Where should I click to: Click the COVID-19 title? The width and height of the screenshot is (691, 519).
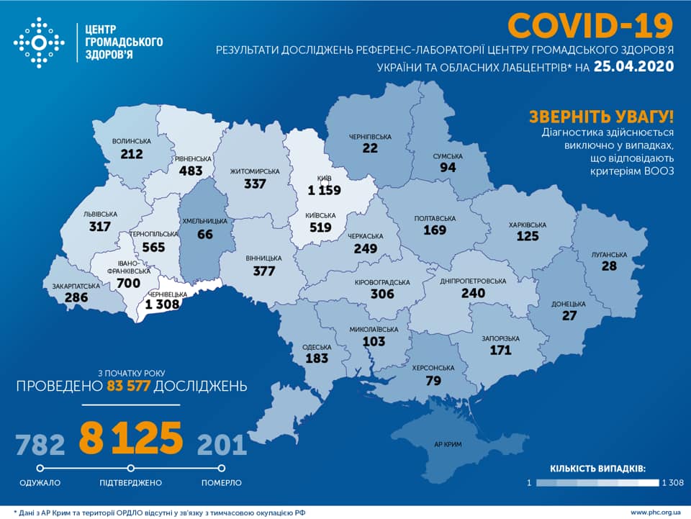click(590, 26)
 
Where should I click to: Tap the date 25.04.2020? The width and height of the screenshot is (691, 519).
click(634, 67)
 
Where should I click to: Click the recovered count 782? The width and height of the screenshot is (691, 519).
click(40, 444)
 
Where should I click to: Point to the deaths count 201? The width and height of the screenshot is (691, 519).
click(221, 444)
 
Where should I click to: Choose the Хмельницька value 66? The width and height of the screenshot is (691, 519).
click(205, 235)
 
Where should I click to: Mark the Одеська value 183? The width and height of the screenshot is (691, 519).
click(316, 358)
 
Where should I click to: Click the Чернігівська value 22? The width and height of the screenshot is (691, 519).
click(370, 148)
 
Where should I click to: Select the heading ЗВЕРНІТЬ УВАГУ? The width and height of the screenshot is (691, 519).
click(602, 117)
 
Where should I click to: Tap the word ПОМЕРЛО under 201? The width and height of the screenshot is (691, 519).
click(221, 482)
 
